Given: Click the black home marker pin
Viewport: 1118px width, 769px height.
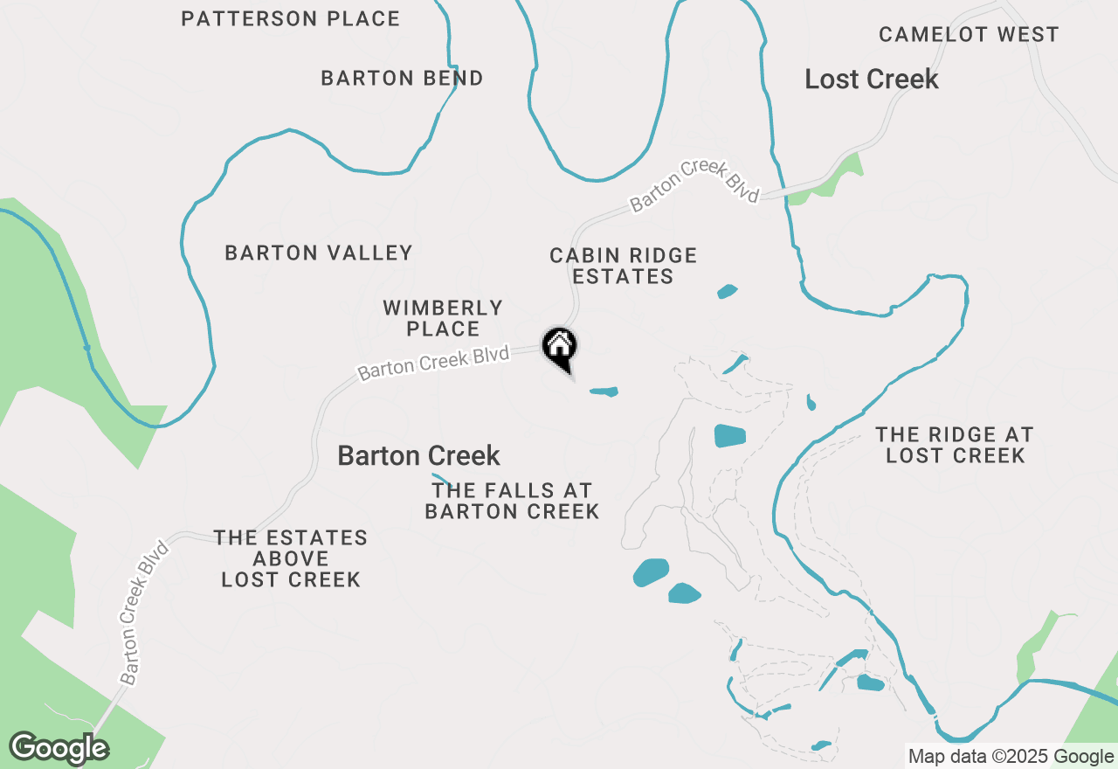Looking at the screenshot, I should (x=560, y=347).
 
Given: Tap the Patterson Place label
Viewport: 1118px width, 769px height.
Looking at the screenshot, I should (x=290, y=18).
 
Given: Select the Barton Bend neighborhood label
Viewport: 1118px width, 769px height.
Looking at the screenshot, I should (x=402, y=78).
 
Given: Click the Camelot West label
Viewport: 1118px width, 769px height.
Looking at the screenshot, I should (x=969, y=35).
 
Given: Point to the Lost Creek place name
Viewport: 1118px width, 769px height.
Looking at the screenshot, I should (x=871, y=80).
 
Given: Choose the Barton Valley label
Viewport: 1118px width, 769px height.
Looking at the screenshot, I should (x=318, y=253).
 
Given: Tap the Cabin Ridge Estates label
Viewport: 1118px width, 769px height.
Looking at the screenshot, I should (x=623, y=266).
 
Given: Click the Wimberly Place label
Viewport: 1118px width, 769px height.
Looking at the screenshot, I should (x=443, y=318).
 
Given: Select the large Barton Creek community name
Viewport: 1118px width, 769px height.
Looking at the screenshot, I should (x=418, y=455).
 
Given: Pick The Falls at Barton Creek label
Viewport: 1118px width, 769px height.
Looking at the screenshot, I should (x=512, y=501).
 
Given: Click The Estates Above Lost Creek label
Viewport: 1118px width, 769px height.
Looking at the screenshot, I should (x=291, y=558).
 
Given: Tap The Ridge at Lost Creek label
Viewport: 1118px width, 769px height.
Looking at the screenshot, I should (x=954, y=445).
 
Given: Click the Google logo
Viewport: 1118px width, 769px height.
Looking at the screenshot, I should (x=59, y=748).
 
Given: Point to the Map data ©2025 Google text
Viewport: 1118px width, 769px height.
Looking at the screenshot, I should (x=1010, y=757).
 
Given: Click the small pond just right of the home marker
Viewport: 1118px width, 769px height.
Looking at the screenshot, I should (x=604, y=391).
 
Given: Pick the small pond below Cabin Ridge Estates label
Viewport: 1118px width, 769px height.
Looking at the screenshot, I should (x=727, y=291).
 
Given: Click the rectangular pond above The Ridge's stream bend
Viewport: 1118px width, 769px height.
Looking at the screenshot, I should (x=729, y=435).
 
